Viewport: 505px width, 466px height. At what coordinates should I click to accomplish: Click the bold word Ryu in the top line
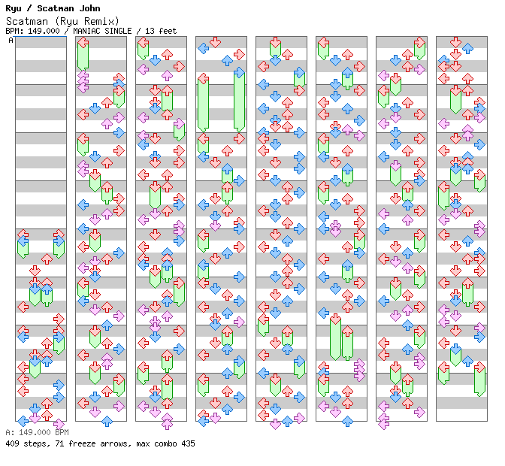coord(14,8)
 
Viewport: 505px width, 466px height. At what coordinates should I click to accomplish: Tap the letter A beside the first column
coord(11,41)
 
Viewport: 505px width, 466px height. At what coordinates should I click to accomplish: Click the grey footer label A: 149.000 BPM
coord(37,433)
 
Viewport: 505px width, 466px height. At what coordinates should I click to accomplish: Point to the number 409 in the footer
coord(13,443)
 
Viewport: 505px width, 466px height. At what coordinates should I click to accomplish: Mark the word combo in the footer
coord(162,443)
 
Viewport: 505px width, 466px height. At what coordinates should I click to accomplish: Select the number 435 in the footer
coord(187,443)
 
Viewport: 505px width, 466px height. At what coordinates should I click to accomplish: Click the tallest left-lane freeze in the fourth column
coord(203,104)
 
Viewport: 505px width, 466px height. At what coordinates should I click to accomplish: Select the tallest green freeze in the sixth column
coord(335,340)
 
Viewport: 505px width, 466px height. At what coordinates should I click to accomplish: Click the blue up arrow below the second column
coord(107,421)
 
